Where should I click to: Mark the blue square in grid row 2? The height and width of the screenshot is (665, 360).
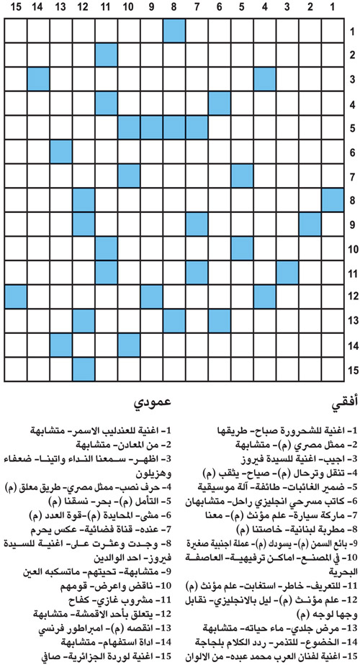tap(106, 54)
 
